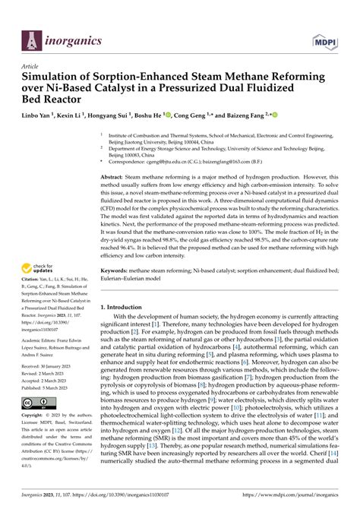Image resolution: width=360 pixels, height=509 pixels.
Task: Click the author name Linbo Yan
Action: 40,118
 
